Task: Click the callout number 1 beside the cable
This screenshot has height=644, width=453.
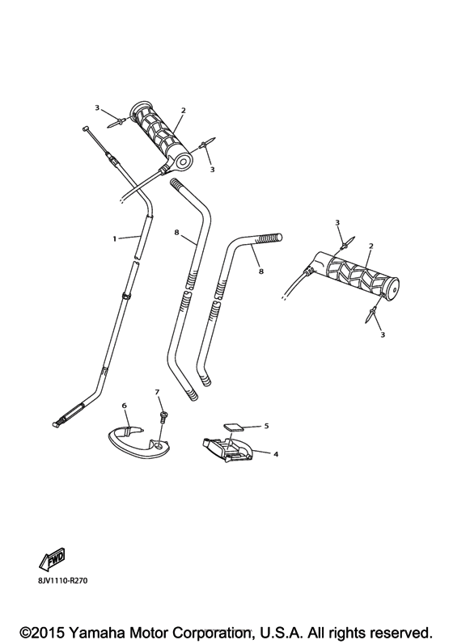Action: (115, 238)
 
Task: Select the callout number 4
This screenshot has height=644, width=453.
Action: (276, 455)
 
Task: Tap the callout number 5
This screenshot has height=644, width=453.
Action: (266, 424)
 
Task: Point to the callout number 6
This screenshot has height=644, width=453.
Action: (125, 405)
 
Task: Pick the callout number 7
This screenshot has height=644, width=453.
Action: (158, 393)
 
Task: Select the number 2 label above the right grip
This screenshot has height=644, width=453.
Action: (370, 246)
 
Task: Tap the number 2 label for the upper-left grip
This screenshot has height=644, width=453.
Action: (184, 110)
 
